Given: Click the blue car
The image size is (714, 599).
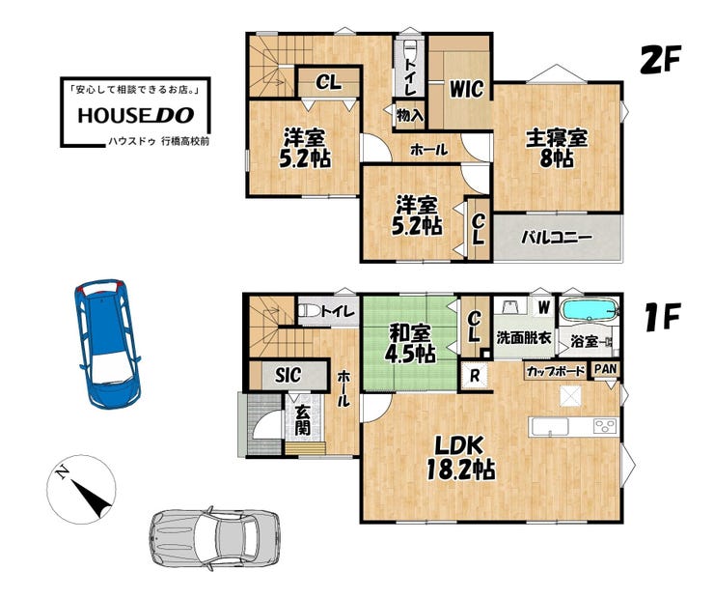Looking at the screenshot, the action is coord(108,344).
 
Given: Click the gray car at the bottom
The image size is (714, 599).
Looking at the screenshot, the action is coord(214,538).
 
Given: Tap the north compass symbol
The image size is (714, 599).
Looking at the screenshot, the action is coord(81,489).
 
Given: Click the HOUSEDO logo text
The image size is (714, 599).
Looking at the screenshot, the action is coord(136,115).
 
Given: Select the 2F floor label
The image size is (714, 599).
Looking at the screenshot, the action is coord(660,59).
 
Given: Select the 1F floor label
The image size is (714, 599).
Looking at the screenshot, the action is coord(663,316).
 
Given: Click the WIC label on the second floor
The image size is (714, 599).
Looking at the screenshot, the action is coord(466,89).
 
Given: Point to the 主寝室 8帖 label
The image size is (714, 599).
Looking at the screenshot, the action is coord(557,149).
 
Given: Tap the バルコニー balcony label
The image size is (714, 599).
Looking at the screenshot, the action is coord(557,238).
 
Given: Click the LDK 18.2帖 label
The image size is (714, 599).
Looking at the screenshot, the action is coord(460,458).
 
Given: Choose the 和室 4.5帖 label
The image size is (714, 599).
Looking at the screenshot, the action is coord(410,343).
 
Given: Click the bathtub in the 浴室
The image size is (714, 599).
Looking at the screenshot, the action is coord(589,310).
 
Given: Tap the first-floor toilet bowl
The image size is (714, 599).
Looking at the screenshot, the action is coord(309,311).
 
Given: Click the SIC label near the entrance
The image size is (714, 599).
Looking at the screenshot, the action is coord(288,375).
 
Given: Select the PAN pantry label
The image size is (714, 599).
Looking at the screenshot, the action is coord(606,369).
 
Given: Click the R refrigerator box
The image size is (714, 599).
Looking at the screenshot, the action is coord(475,376).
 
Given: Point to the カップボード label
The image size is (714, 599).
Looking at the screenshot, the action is coord(556,372).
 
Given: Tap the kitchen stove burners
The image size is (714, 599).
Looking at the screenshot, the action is coord(605,427).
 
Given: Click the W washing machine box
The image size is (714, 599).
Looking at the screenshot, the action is coord(543,307).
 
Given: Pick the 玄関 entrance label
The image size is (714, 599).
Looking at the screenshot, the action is coord(302,420).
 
